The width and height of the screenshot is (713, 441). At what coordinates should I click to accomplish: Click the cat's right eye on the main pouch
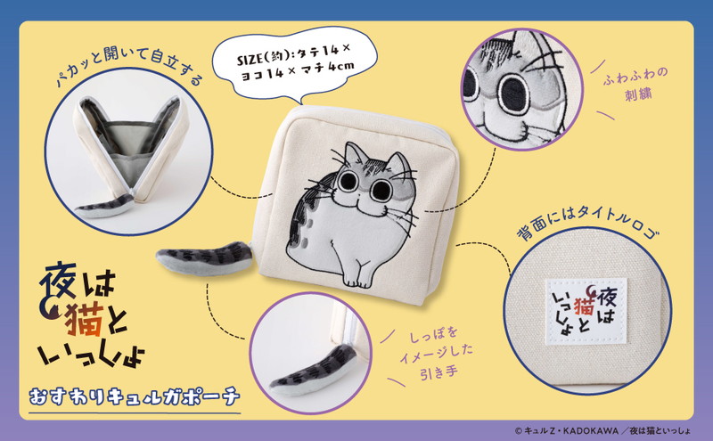(x=381, y=190)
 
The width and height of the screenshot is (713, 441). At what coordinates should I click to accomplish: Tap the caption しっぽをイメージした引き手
(x=437, y=355)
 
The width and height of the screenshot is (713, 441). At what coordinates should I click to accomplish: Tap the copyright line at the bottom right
(x=602, y=430)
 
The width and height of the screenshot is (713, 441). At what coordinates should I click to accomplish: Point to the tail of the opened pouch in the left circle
(x=104, y=206)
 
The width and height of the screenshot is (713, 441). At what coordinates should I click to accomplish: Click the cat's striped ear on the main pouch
(x=355, y=154)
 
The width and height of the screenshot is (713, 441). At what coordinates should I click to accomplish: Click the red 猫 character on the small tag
(x=585, y=305)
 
